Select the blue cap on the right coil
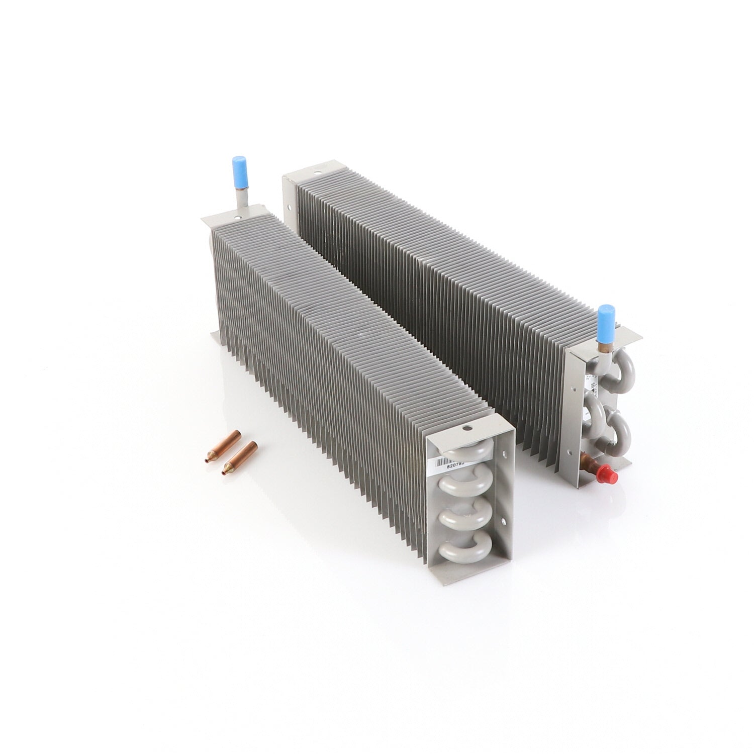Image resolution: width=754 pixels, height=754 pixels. pyautogui.click(x=603, y=319)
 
